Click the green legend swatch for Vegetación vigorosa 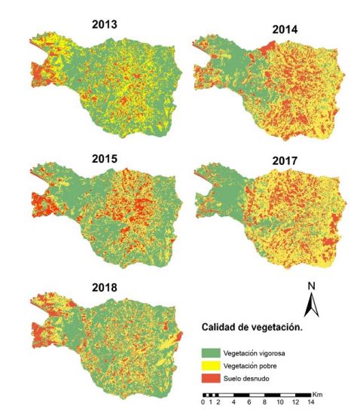214,352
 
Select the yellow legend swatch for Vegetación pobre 214,365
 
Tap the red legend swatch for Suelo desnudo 214,377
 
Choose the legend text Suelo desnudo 252,377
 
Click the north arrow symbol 310,306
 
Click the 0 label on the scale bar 203,403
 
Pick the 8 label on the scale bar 266,403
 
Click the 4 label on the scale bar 234,403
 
